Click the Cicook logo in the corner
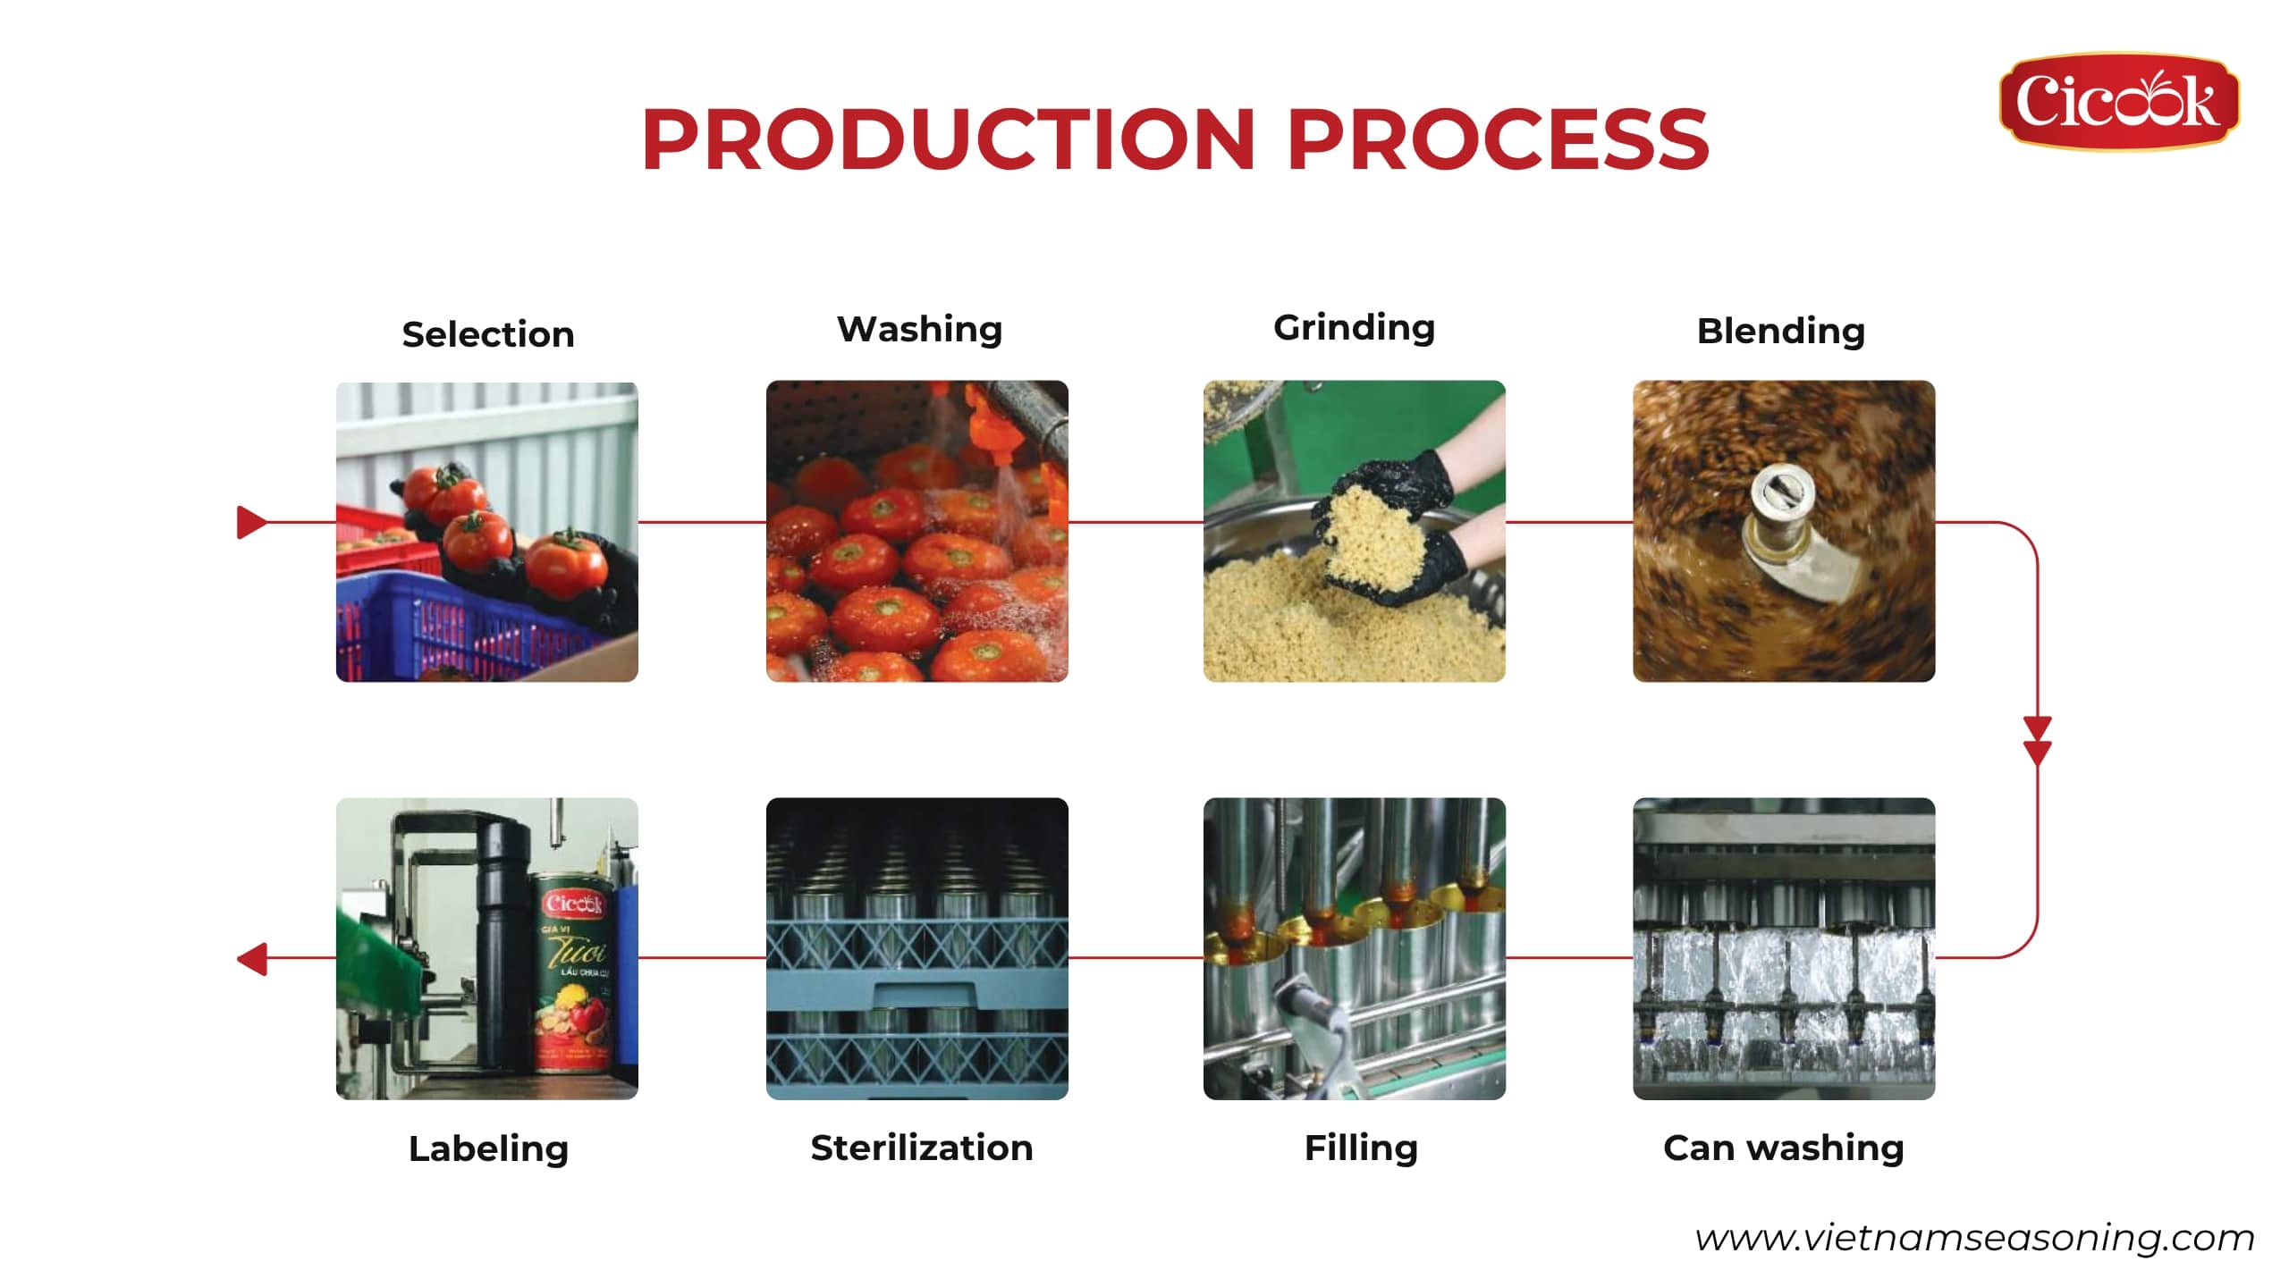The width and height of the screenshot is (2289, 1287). [2118, 101]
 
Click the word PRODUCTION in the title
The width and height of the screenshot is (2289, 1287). [949, 139]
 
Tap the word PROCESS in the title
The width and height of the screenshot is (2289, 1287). [1498, 139]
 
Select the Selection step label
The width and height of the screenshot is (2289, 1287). [487, 334]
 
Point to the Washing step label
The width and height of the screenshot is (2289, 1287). [919, 330]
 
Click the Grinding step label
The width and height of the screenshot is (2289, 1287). [1354, 328]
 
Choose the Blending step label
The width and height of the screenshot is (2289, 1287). [1780, 331]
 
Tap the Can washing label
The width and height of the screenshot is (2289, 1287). [1783, 1148]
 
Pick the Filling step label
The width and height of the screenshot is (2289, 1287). [1361, 1148]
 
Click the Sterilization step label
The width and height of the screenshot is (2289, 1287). [921, 1148]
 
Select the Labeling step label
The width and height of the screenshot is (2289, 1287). [488, 1149]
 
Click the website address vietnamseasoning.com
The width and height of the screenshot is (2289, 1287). [1974, 1239]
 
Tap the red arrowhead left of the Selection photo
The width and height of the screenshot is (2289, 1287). [251, 522]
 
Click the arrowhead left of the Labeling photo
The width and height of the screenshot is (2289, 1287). [252, 959]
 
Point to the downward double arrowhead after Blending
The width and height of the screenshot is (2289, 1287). [2038, 741]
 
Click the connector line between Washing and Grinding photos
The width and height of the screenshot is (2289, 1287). [1136, 522]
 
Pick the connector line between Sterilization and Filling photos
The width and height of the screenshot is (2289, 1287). [1136, 958]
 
